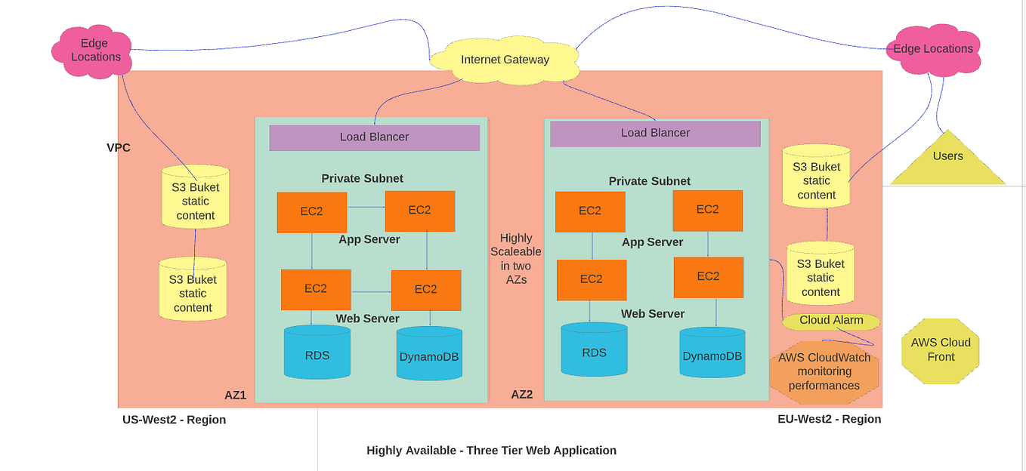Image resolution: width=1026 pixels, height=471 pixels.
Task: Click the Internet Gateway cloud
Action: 505,60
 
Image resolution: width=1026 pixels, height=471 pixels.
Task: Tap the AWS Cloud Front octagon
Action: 941,349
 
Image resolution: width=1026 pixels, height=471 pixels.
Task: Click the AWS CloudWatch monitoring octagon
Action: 824,371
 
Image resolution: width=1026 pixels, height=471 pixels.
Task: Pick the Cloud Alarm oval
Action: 831,321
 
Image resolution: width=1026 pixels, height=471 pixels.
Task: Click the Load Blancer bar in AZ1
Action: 374,137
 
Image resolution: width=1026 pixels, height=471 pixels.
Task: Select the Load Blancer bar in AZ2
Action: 655,133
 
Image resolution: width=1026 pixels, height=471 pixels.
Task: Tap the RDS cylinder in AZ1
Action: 317,352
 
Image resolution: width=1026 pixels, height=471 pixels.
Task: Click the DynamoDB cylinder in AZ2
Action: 712,353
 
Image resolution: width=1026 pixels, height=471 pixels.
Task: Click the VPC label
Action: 119,148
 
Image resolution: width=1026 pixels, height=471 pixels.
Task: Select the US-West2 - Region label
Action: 174,420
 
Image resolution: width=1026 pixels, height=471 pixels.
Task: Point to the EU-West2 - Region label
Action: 829,419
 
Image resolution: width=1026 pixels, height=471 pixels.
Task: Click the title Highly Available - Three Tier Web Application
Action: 491,451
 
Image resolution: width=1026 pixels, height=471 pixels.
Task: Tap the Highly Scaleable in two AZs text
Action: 515,258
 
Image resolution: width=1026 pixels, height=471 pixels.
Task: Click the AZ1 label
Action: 235,395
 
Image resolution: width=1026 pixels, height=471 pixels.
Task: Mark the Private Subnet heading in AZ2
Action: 649,181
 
